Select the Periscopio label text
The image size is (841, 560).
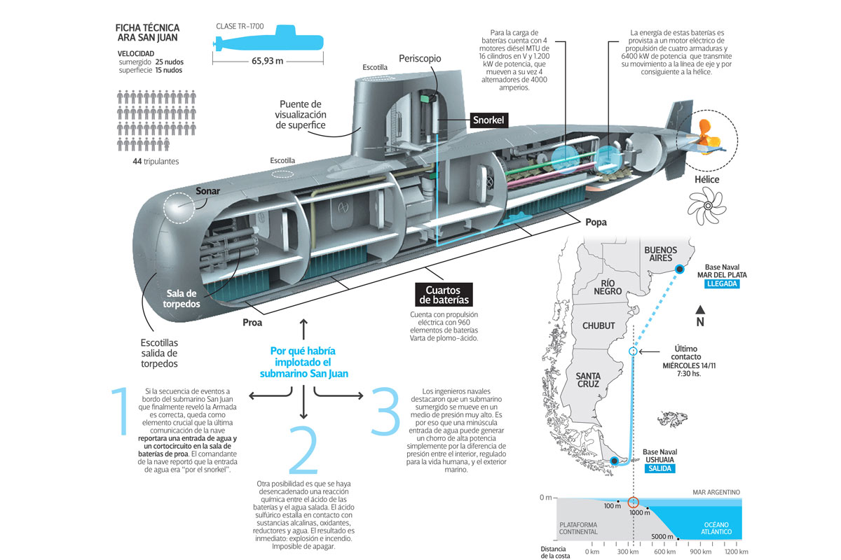coord(420,59)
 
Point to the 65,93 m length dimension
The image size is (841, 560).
coord(268,61)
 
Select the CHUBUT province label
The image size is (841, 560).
coord(599,326)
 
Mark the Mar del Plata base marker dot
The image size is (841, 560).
coord(678,269)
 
